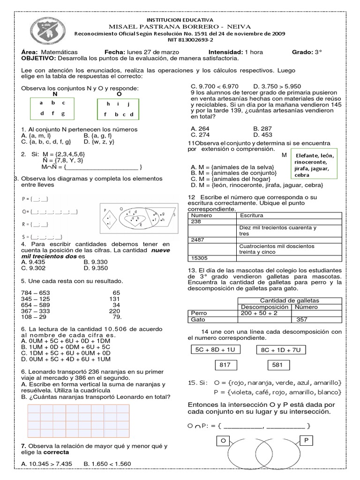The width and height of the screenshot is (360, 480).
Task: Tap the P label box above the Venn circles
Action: point(307,441)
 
